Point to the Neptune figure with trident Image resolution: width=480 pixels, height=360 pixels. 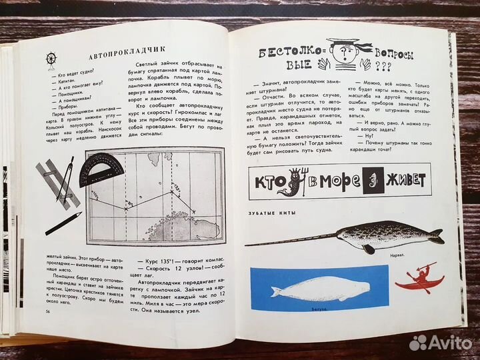(301, 182)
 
